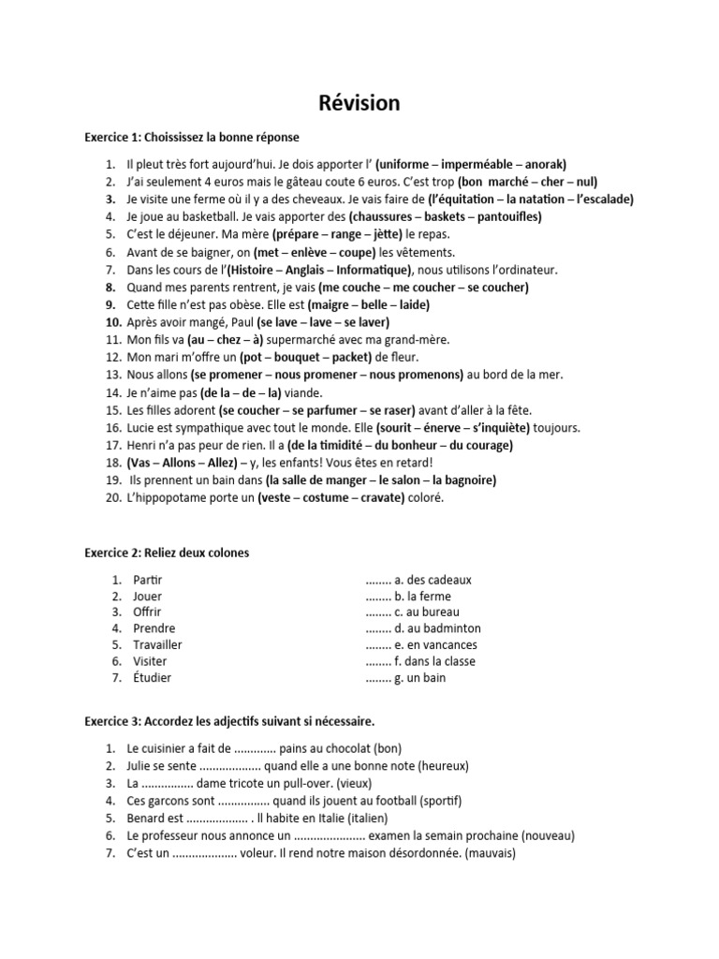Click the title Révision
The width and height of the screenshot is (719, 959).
(x=359, y=102)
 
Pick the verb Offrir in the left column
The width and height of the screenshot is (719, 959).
(x=148, y=612)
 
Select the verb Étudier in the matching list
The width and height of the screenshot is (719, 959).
(x=153, y=677)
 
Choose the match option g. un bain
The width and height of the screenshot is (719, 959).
(x=420, y=677)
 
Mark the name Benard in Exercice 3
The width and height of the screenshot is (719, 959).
(x=147, y=819)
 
